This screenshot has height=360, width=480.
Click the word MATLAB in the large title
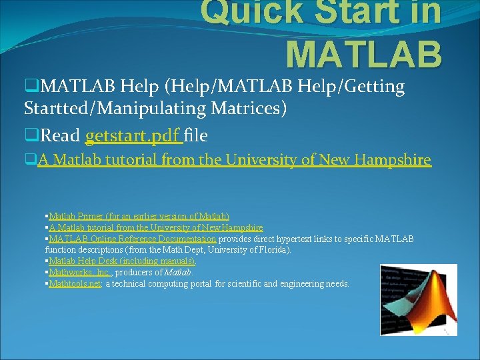[x=363, y=53]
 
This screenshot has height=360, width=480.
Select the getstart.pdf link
[x=133, y=136]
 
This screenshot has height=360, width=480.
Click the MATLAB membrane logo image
[x=419, y=299]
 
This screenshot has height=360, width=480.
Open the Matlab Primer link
[x=139, y=216]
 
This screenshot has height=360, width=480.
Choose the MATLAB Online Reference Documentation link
[x=132, y=239]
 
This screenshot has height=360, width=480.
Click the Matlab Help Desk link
[x=122, y=261]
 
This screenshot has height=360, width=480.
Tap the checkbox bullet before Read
[x=30, y=136]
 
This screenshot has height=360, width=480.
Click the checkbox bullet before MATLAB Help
[x=30, y=87]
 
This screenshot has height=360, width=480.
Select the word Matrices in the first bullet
[x=247, y=108]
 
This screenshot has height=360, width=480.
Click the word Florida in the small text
[x=273, y=250]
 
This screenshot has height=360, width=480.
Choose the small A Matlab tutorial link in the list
[x=156, y=227]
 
